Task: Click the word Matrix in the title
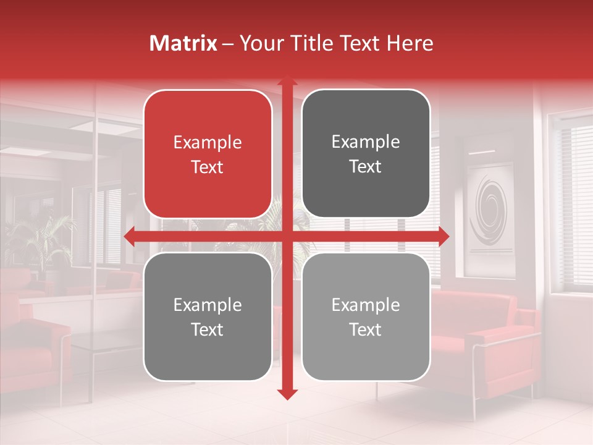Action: pyautogui.click(x=183, y=43)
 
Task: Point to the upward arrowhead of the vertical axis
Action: pyautogui.click(x=287, y=81)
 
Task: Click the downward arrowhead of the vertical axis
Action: pyautogui.click(x=287, y=394)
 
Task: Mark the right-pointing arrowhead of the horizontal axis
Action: pyautogui.click(x=444, y=237)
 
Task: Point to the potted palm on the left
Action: pyautogui.click(x=37, y=241)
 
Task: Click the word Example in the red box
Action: pyautogui.click(x=208, y=143)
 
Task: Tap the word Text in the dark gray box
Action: pyautogui.click(x=366, y=167)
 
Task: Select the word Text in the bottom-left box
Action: pyautogui.click(x=208, y=330)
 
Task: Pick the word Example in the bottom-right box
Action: pyautogui.click(x=366, y=305)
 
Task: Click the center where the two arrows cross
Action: pyautogui.click(x=287, y=237)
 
